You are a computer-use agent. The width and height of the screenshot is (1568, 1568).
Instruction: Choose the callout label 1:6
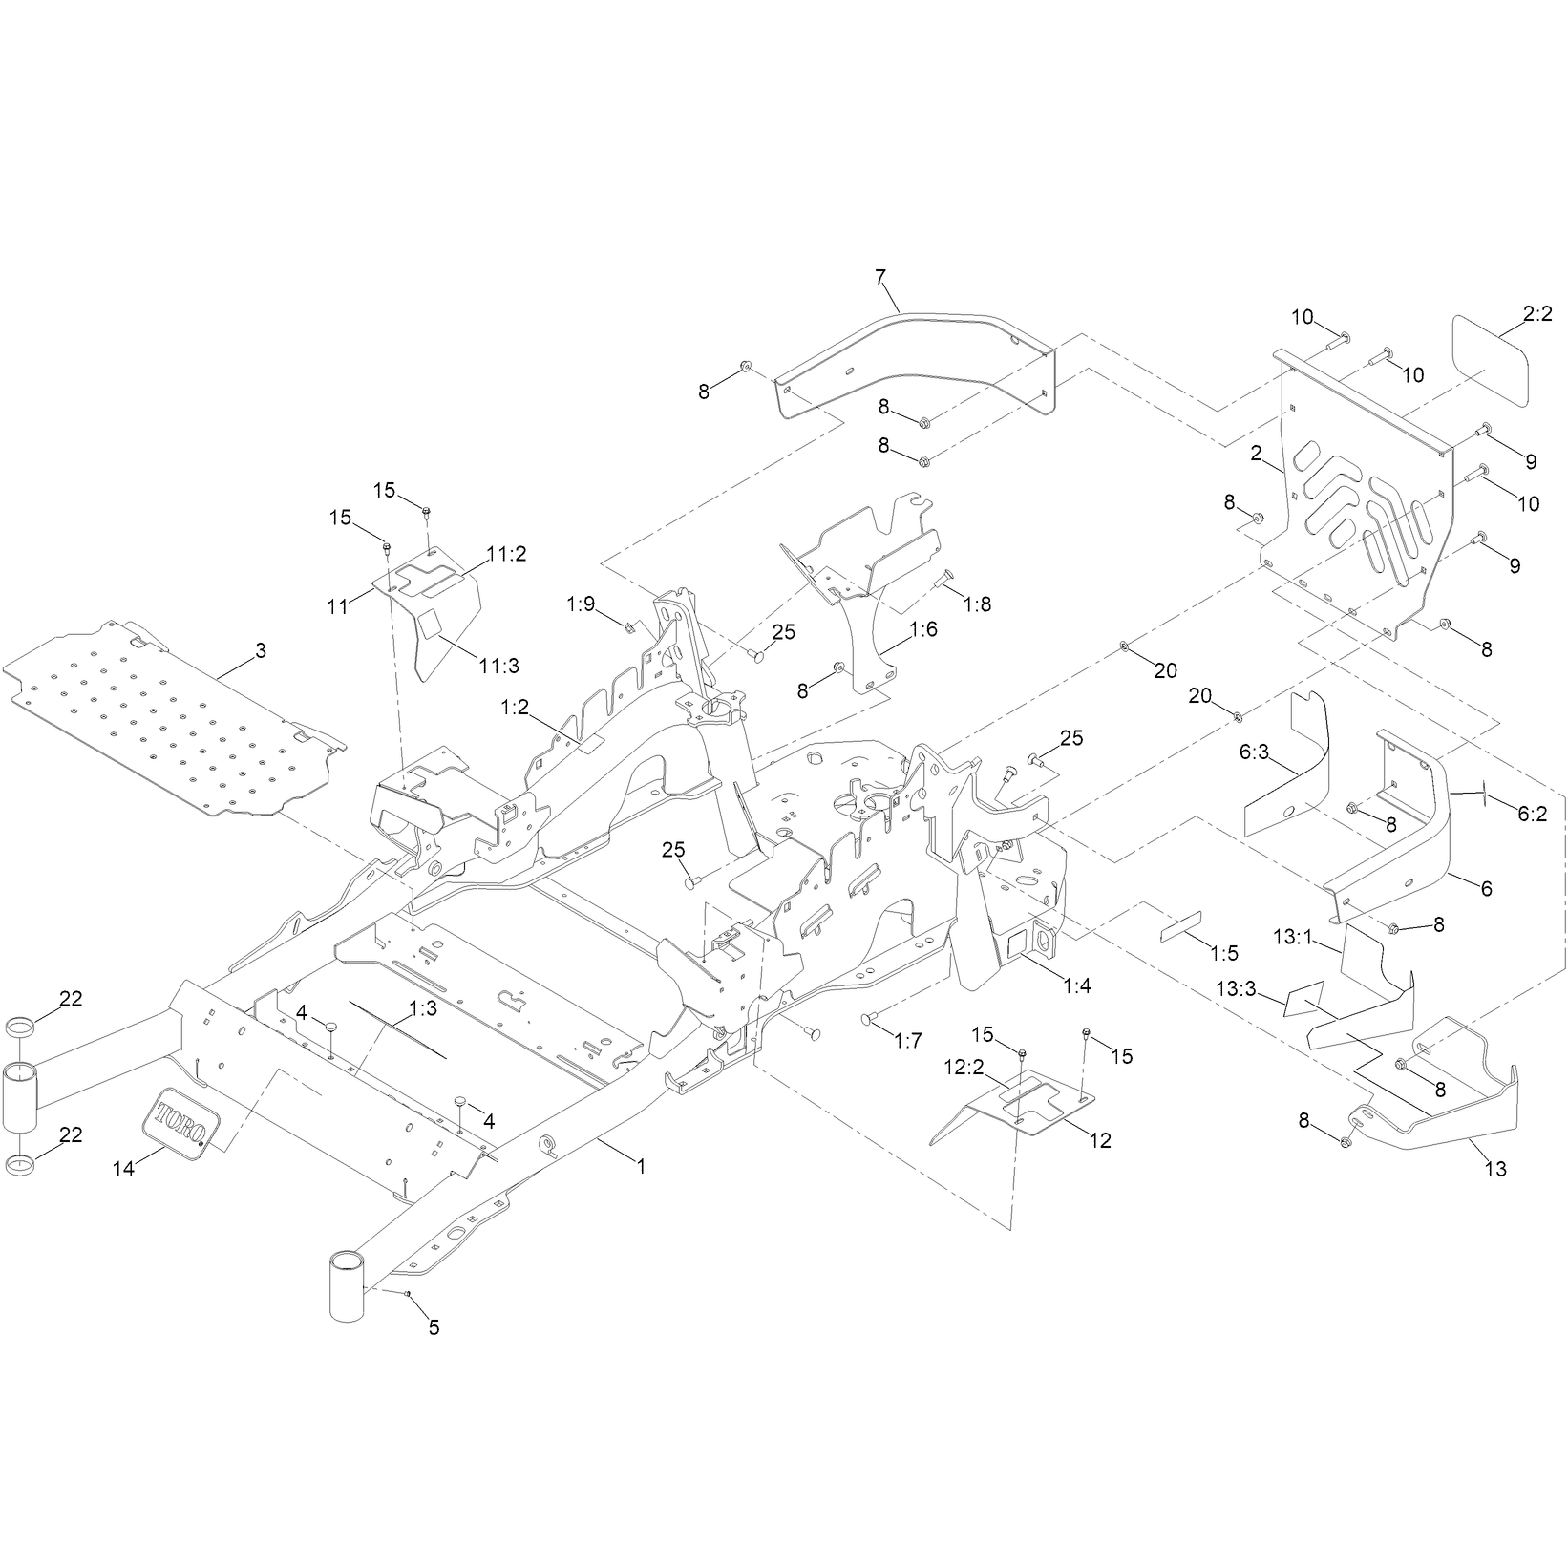tap(924, 630)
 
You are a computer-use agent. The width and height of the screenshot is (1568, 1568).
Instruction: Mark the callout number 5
tap(434, 1327)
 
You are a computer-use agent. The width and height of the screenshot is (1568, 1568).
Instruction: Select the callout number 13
tap(1496, 1169)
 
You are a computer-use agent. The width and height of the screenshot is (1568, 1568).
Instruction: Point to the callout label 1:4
tap(1076, 986)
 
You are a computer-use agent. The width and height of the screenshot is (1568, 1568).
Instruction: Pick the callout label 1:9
tap(580, 604)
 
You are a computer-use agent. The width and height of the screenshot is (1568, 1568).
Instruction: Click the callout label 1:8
tap(978, 604)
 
